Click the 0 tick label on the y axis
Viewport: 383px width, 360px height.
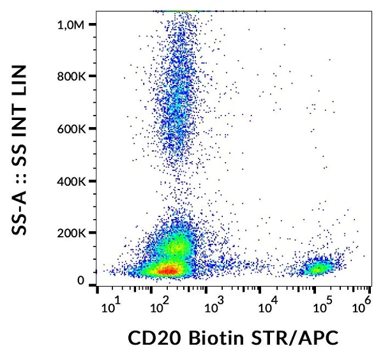tap(81, 281)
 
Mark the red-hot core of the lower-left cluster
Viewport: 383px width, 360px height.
tap(167, 270)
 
